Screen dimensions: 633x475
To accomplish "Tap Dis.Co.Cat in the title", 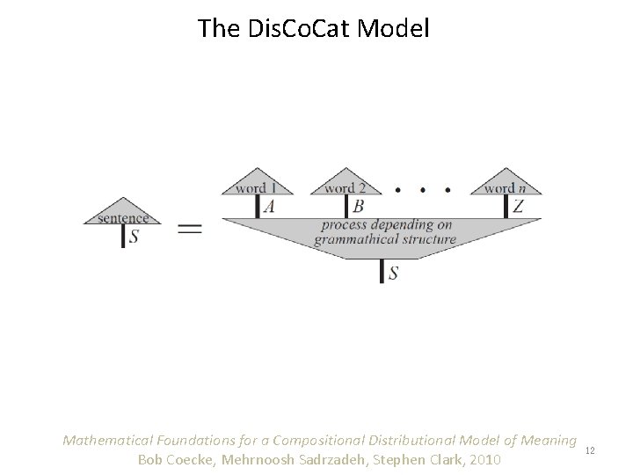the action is (x=289, y=29).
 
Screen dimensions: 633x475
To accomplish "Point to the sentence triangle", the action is (x=122, y=215).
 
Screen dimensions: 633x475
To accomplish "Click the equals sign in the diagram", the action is (x=190, y=229).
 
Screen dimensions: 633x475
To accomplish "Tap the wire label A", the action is (x=268, y=207).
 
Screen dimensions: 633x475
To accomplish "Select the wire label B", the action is (x=358, y=207).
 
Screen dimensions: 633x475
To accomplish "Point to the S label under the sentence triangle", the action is (x=133, y=237).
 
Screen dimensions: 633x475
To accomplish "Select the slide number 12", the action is (x=590, y=450).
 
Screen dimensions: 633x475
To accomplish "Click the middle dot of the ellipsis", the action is (x=424, y=188).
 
